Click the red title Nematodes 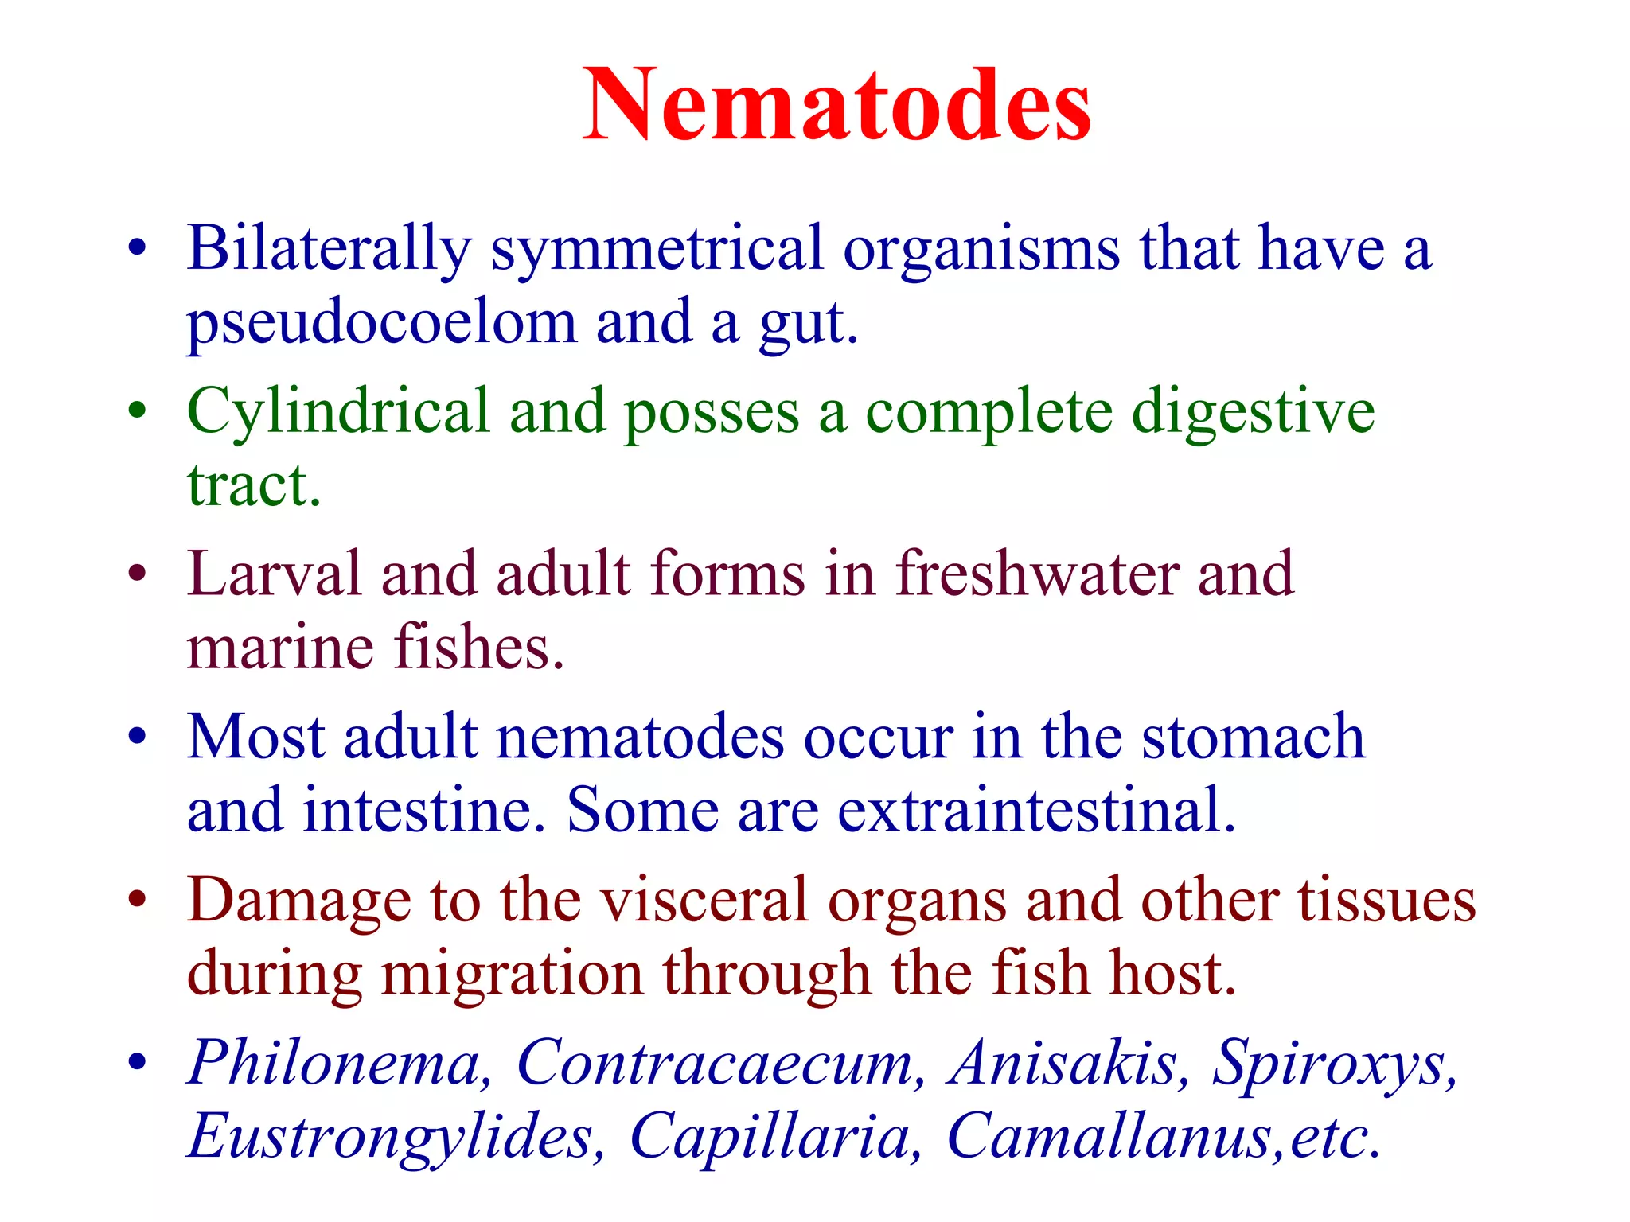tap(836, 106)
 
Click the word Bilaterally tap(329, 249)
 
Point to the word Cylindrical tap(338, 412)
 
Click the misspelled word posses tap(711, 414)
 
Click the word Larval tap(274, 574)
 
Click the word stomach tap(1253, 737)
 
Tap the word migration tap(512, 974)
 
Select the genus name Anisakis tap(1063, 1063)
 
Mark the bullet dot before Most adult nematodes tap(137, 737)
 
